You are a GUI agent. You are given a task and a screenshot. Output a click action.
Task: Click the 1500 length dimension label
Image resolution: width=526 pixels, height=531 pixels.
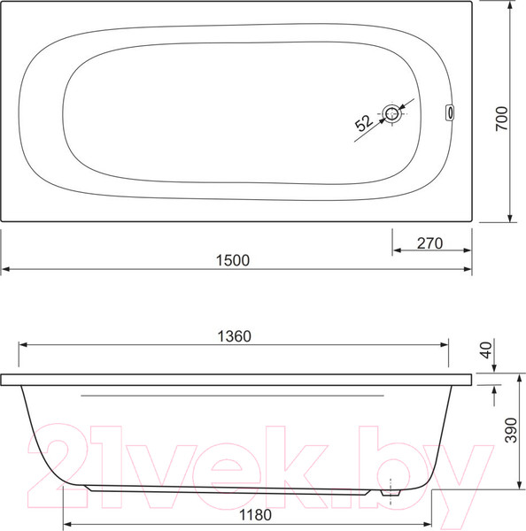point(233,260)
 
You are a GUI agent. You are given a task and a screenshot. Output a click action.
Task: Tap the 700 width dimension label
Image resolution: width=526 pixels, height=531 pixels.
point(502,119)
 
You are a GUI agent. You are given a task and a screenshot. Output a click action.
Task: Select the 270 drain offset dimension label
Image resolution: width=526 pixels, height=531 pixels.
point(429,243)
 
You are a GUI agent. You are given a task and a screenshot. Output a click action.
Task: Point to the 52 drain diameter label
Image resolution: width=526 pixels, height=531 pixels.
point(363,123)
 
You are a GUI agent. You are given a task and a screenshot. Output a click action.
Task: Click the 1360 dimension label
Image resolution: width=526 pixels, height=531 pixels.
point(234,336)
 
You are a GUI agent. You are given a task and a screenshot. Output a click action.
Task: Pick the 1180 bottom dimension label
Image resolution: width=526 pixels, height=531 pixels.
point(255,515)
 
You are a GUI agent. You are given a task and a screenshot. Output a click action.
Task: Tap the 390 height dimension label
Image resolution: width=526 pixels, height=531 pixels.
point(512,430)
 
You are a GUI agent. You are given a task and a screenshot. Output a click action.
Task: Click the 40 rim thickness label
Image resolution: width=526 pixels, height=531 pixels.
point(487,350)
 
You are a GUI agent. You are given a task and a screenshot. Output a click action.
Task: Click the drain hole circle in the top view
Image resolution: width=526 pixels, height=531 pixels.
point(392,114)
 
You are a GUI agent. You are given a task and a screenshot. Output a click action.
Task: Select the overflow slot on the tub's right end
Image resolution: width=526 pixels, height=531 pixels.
point(450,112)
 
